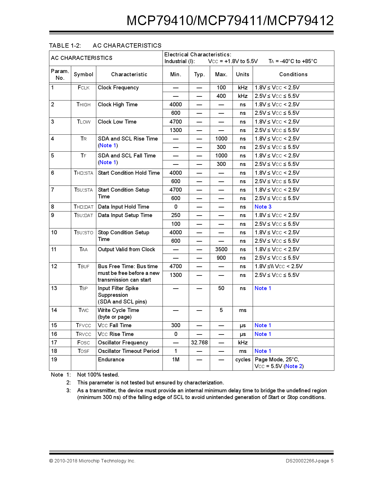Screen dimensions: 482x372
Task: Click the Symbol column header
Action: [x=83, y=74]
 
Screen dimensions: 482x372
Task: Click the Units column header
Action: [x=242, y=74]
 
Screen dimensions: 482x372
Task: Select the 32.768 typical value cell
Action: [x=199, y=343]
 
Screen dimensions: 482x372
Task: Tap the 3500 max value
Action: [x=221, y=249]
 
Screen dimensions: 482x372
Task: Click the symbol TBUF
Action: [x=83, y=266]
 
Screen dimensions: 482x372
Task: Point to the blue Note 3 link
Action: [x=263, y=207]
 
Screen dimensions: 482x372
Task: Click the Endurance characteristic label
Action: [x=111, y=360]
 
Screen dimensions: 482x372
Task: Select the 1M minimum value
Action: [x=176, y=360]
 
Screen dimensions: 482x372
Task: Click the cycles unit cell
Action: [x=243, y=360]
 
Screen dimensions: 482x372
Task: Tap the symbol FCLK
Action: [x=83, y=88]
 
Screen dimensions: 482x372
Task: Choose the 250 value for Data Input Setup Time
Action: [x=176, y=215]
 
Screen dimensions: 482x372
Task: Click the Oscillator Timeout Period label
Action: [x=128, y=351]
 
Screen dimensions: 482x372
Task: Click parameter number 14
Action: [x=54, y=310]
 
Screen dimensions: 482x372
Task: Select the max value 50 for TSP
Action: [x=221, y=288]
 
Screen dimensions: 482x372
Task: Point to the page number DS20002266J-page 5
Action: [x=309, y=461]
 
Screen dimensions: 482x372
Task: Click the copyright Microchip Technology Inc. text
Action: [x=92, y=461]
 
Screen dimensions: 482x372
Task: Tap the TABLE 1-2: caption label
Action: [x=65, y=46]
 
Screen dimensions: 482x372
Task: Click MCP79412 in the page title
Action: [x=301, y=21]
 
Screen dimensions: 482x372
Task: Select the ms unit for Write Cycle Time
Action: [x=243, y=310]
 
